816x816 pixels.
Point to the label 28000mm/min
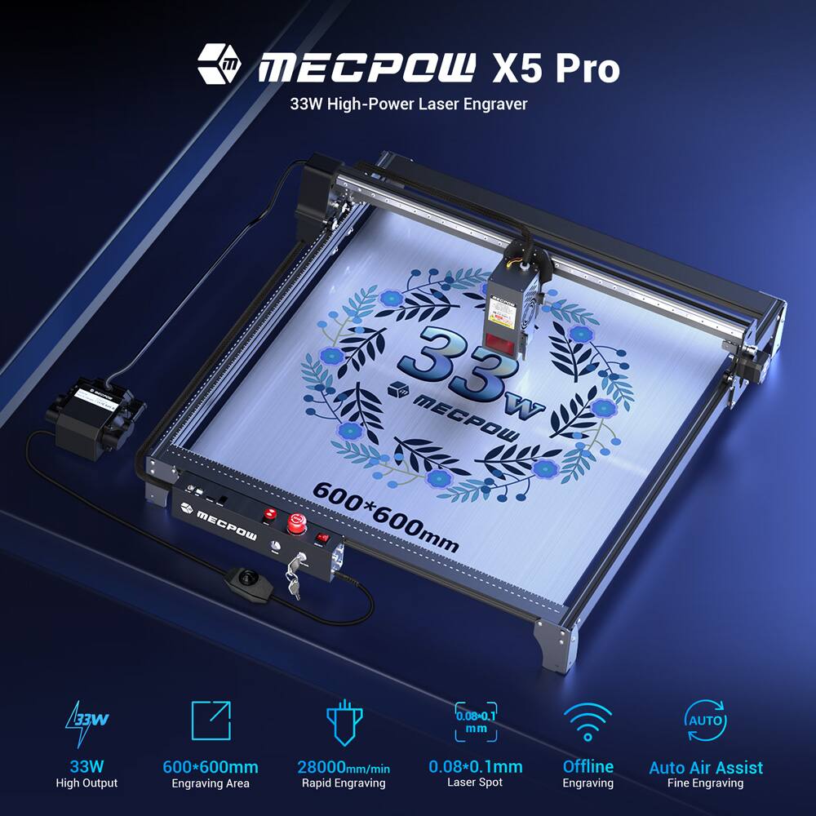click(x=342, y=767)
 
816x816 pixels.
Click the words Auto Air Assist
click(x=706, y=767)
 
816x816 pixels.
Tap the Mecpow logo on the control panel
click(x=209, y=513)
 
